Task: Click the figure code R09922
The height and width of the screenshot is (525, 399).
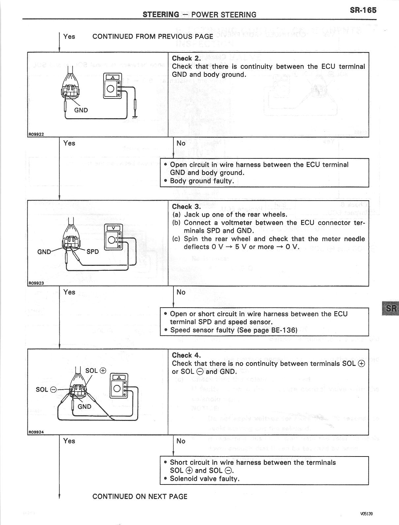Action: point(36,134)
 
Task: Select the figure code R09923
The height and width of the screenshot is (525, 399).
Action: point(36,283)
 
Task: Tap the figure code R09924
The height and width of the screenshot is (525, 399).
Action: point(36,432)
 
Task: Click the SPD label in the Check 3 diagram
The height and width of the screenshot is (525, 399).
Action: point(93,252)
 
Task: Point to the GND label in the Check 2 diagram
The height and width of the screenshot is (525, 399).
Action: point(81,110)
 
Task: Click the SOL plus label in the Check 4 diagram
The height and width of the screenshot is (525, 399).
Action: point(96,371)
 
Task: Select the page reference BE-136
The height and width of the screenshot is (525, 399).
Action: point(280,330)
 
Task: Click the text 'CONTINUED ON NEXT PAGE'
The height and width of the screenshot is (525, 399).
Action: point(140,496)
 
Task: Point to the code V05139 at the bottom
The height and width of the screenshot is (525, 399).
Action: point(366,513)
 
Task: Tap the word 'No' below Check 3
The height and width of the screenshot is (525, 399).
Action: point(181,292)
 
